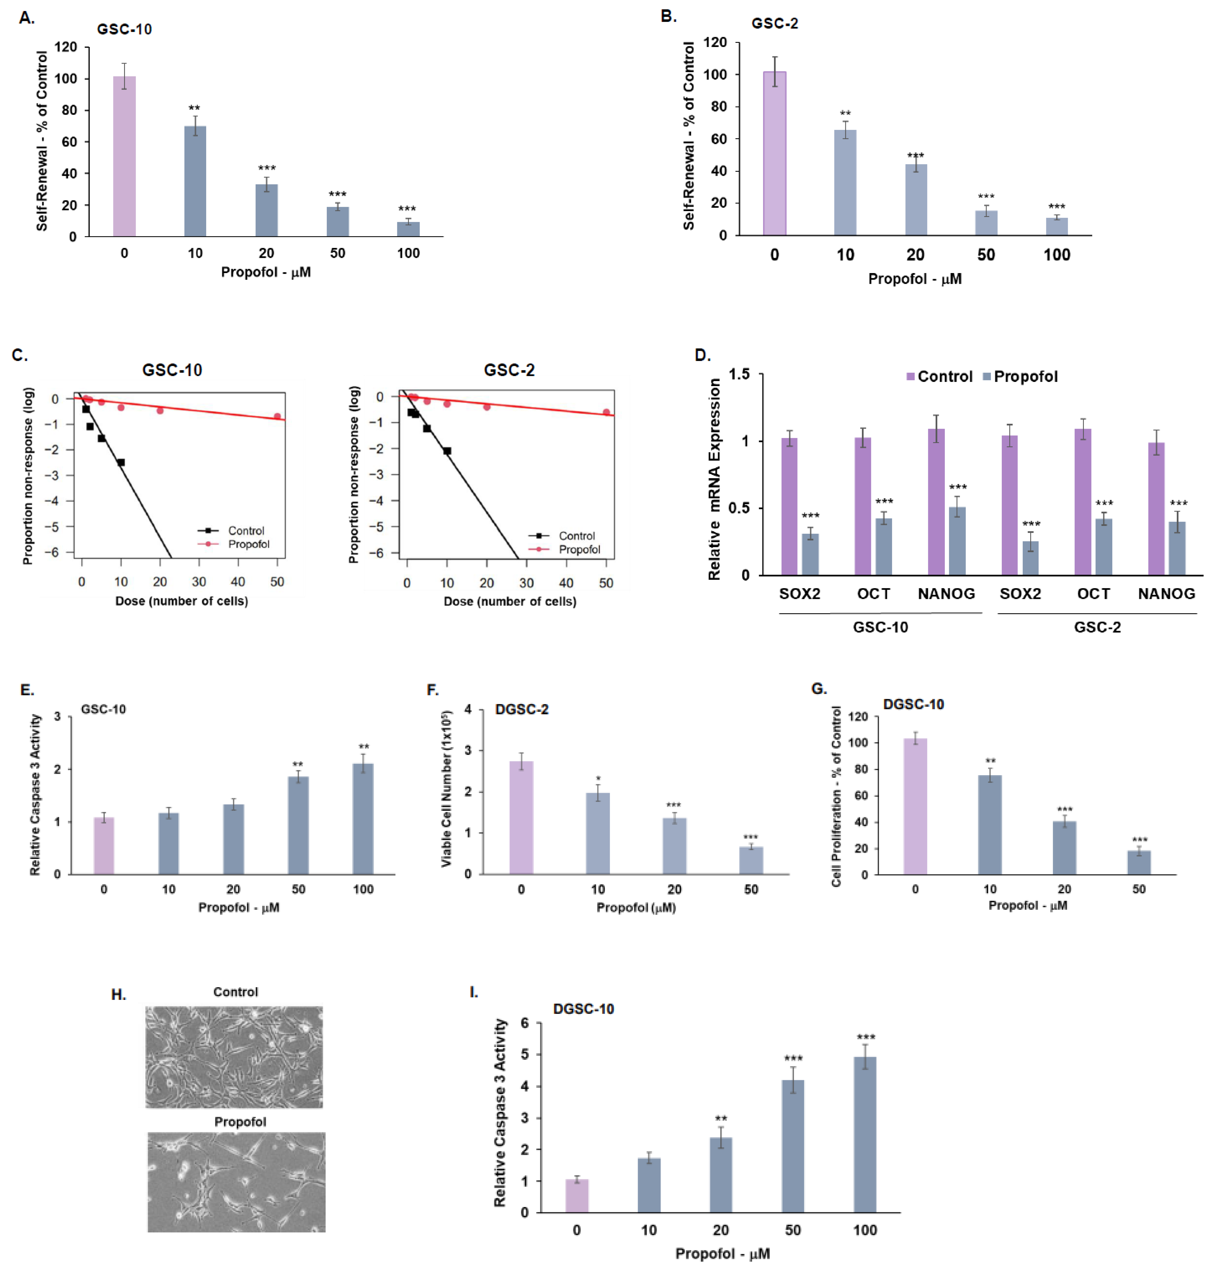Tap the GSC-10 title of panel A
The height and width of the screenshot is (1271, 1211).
(125, 29)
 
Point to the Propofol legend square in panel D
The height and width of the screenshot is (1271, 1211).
(986, 376)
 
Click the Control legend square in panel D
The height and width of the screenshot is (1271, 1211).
(910, 376)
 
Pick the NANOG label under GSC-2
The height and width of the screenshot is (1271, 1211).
(1166, 593)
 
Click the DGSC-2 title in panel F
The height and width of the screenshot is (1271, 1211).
(522, 709)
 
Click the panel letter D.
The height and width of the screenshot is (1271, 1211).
(702, 355)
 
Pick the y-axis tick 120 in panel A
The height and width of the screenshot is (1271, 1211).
(66, 47)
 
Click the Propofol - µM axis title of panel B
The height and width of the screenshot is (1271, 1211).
(915, 279)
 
